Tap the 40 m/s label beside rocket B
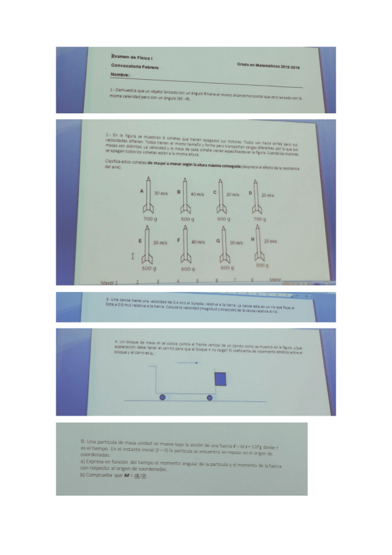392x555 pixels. click(197, 194)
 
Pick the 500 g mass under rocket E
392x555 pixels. click(148, 268)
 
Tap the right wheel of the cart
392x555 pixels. click(210, 397)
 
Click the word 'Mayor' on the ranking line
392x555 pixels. click(108, 283)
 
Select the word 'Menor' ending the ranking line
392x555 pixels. click(276, 279)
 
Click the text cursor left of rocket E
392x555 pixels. click(134, 257)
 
